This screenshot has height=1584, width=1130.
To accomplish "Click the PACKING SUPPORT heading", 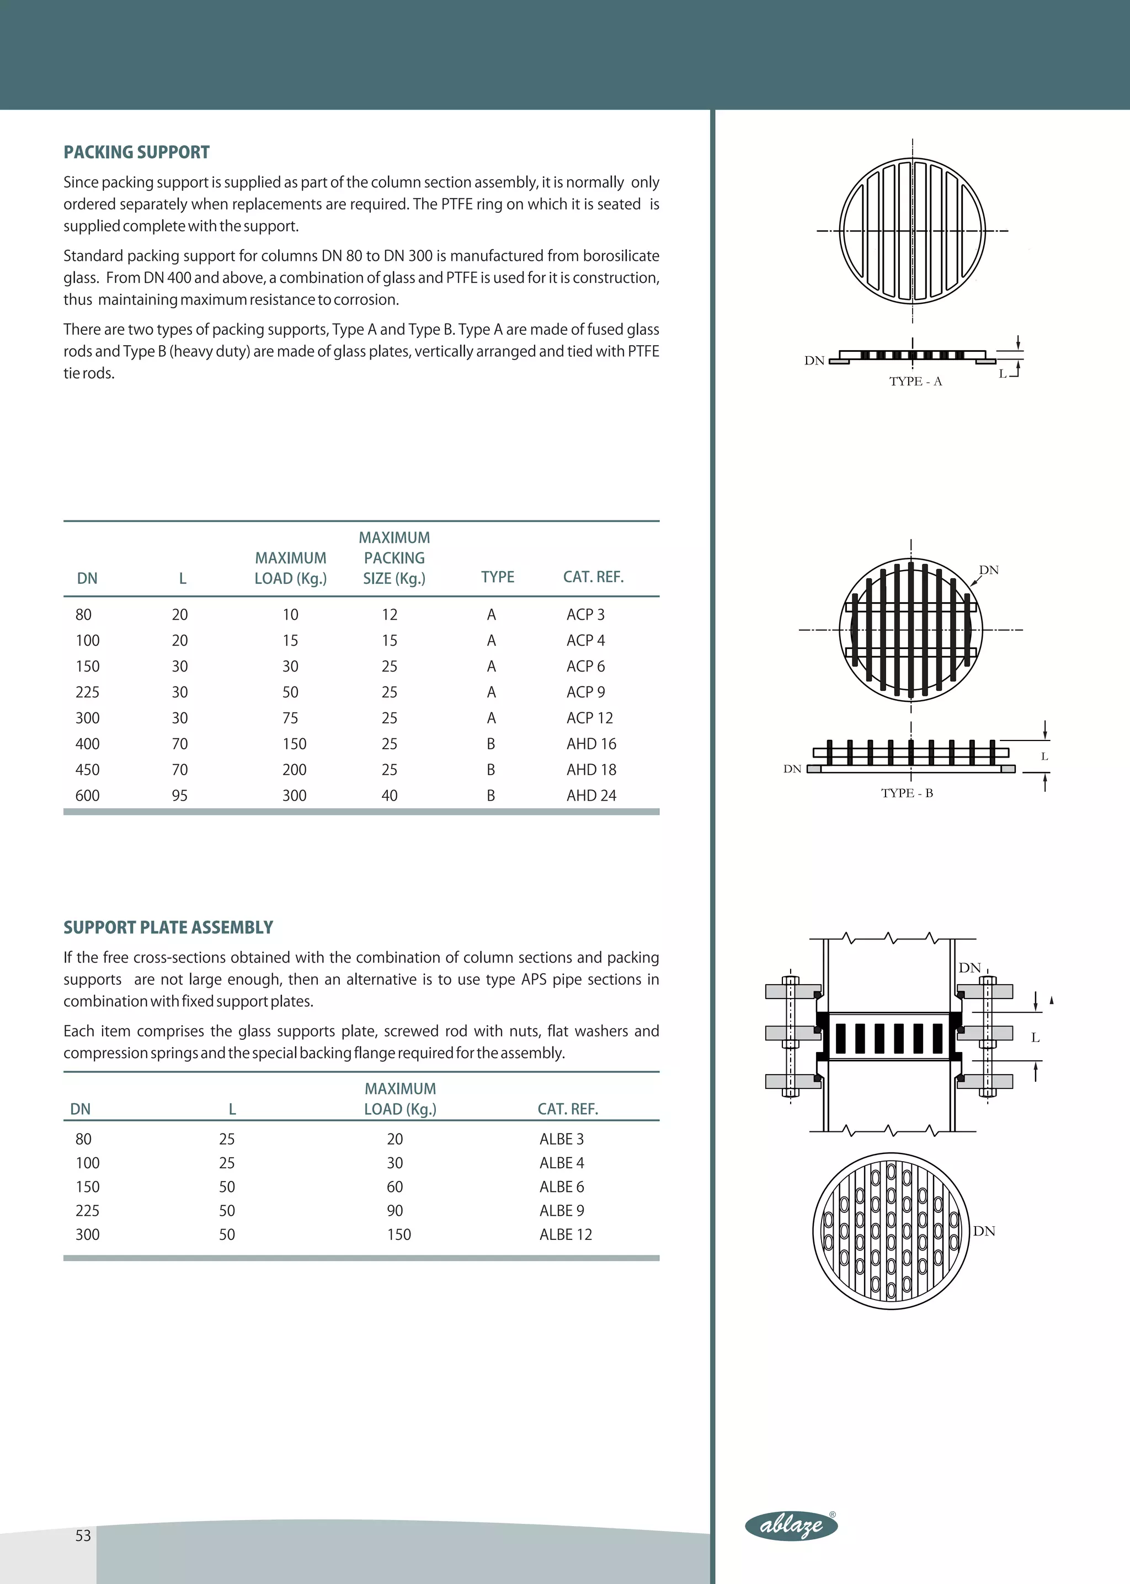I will pyautogui.click(x=136, y=152).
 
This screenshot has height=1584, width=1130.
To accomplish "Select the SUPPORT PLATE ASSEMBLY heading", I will pyautogui.click(x=168, y=927).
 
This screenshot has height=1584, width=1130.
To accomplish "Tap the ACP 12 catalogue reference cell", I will pyautogui.click(x=589, y=718).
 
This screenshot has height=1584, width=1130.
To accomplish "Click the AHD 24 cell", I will pyautogui.click(x=591, y=796).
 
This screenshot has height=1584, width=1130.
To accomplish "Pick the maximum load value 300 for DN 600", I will pyautogui.click(x=294, y=796).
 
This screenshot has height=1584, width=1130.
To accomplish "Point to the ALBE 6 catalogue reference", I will pyautogui.click(x=562, y=1187).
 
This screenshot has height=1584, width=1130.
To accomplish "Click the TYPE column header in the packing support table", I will pyautogui.click(x=498, y=577).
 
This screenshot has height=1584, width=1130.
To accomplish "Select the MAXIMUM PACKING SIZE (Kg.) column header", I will pyautogui.click(x=394, y=557).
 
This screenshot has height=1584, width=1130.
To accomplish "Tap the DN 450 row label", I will pyautogui.click(x=87, y=770).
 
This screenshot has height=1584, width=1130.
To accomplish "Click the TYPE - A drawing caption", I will pyautogui.click(x=915, y=381).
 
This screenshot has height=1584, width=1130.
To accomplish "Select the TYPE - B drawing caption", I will pyautogui.click(x=907, y=793).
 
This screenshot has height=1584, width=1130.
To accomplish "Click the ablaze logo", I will pyautogui.click(x=791, y=1526).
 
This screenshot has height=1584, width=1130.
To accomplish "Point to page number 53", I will pyautogui.click(x=83, y=1536).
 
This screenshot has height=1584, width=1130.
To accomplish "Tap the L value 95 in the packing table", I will pyautogui.click(x=179, y=796).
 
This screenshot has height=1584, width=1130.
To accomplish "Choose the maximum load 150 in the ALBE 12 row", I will pyautogui.click(x=399, y=1234).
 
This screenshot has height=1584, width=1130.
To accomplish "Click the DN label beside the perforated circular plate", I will pyautogui.click(x=984, y=1231).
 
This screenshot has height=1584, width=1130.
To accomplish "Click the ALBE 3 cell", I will pyautogui.click(x=562, y=1139).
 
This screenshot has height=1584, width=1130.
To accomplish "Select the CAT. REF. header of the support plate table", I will pyautogui.click(x=568, y=1109).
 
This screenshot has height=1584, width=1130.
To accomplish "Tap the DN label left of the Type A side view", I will pyautogui.click(x=814, y=360).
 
